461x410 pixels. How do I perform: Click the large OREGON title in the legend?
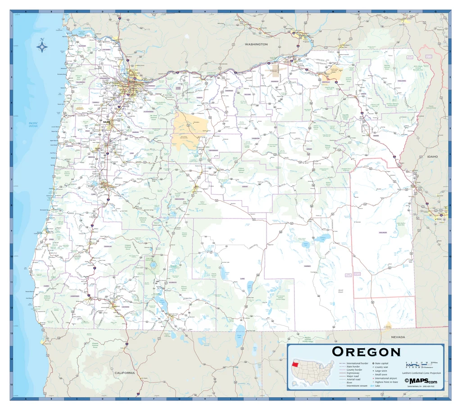tap(366, 352)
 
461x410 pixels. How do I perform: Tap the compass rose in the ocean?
tap(42, 46)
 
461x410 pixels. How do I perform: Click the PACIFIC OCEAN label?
tap(33, 125)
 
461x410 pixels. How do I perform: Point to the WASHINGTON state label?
tap(256, 44)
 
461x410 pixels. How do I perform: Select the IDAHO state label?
tap(432, 156)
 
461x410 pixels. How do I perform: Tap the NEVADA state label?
tap(398, 337)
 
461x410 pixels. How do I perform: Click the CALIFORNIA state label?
tap(124, 373)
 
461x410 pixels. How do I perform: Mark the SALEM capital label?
tap(107, 122)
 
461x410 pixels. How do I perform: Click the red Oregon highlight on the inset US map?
tap(295, 364)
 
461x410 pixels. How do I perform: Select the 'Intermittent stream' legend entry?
tap(357, 386)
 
